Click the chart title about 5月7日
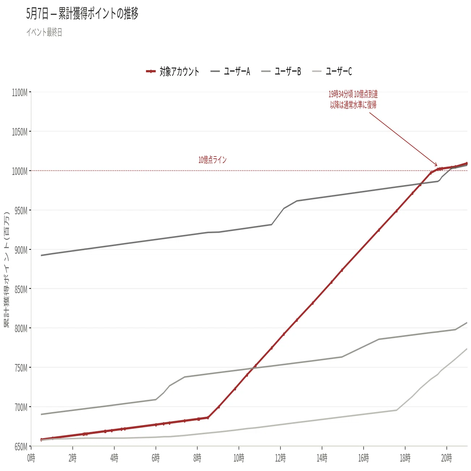[82, 14]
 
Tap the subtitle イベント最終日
[44, 32]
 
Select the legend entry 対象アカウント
[172, 71]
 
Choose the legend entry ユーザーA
[230, 71]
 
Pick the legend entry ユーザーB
[281, 71]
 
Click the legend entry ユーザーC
[332, 71]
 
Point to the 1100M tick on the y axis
[20, 93]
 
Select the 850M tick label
[21, 290]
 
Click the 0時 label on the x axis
[31, 458]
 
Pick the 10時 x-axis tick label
[239, 458]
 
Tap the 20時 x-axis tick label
[446, 458]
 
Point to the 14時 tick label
[322, 458]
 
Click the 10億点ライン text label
[213, 160]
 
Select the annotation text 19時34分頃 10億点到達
[353, 94]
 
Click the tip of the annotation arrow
[437, 166]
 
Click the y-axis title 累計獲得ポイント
[7, 269]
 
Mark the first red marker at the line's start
[41, 440]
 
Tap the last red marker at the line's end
[467, 163]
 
